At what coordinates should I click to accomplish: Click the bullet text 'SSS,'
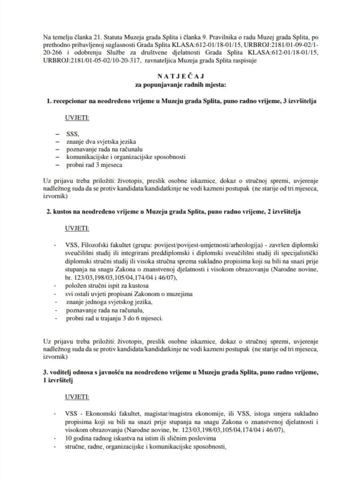click(73, 134)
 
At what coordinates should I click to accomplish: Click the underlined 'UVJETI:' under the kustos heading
click(77, 228)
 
